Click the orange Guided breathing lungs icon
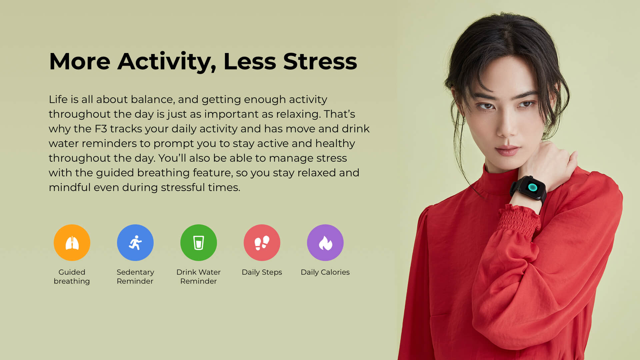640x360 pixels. [x=72, y=243]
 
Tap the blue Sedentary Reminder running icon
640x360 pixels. [x=135, y=243]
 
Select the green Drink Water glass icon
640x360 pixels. [x=199, y=243]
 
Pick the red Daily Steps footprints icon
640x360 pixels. [x=262, y=243]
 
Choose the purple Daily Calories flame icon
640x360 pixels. [x=325, y=243]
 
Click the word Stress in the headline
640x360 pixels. [x=320, y=61]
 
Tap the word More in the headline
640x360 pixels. [x=80, y=61]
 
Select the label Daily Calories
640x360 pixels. [x=325, y=272]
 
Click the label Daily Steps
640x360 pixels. [x=262, y=272]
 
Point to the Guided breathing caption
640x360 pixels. [x=72, y=277]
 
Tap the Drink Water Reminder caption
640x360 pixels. [x=199, y=277]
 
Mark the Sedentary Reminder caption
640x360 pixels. [x=135, y=277]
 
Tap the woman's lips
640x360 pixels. [x=507, y=151]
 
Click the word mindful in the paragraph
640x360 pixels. [x=70, y=187]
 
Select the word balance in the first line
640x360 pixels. [x=153, y=99]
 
